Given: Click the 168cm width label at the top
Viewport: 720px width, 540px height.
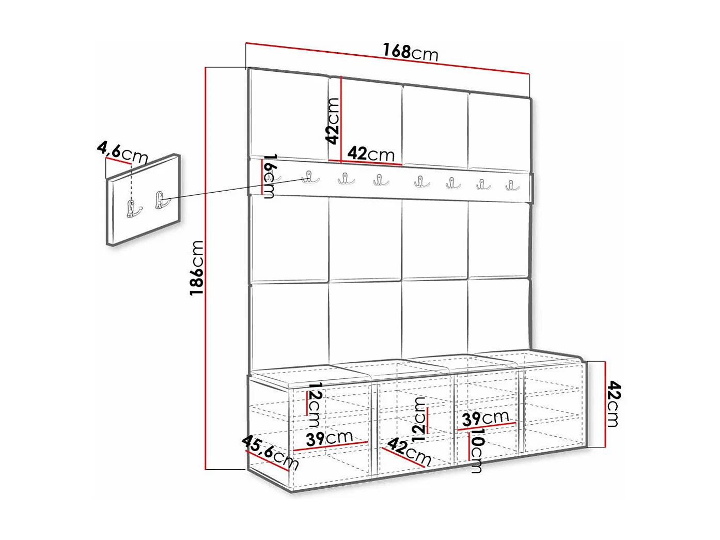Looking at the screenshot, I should (x=410, y=52).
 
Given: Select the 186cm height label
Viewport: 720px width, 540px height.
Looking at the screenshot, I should (x=197, y=268).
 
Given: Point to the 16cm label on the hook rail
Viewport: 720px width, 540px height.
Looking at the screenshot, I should (x=270, y=176).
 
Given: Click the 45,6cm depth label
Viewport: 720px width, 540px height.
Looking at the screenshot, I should (x=270, y=452).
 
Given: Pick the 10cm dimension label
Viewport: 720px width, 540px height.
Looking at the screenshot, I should (x=476, y=451).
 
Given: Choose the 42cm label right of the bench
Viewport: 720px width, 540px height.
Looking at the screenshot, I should (x=613, y=404).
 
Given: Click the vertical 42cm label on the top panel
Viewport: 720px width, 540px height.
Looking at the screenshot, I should (x=333, y=121).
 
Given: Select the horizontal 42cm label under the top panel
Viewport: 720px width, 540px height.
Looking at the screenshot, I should (x=370, y=153).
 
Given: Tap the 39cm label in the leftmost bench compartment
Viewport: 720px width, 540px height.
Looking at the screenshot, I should (x=329, y=439).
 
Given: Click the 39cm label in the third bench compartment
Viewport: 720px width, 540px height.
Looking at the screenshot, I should (x=485, y=418).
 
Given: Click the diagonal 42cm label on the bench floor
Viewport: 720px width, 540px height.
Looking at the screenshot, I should (x=409, y=451).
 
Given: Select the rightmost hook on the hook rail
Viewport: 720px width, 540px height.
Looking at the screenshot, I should (x=512, y=184).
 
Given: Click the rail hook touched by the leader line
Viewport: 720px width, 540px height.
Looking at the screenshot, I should (x=309, y=177).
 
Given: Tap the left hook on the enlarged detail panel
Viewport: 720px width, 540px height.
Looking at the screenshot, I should (x=134, y=208).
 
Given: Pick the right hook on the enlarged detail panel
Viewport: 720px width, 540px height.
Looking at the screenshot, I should (x=161, y=200).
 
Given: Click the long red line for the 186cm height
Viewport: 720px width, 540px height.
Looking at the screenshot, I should (x=206, y=269).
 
